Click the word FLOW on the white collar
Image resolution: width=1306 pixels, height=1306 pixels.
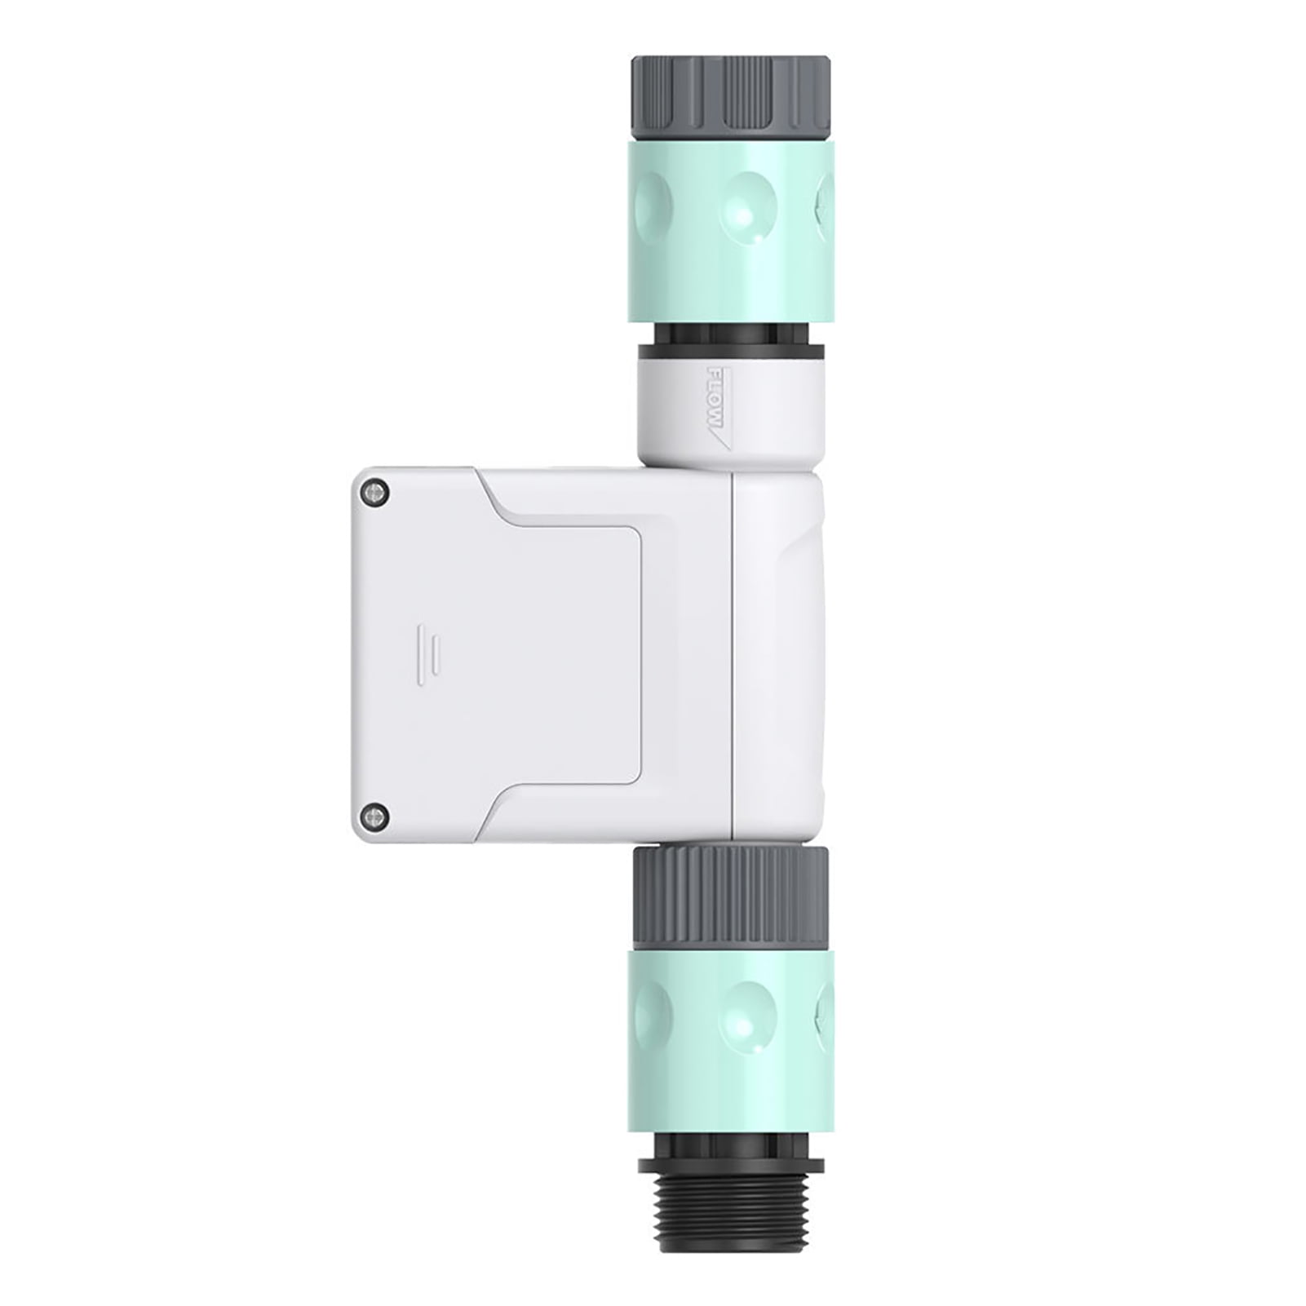(x=715, y=400)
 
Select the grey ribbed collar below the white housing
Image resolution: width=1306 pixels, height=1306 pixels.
(x=732, y=896)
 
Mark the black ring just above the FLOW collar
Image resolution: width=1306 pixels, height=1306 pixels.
(x=732, y=352)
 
